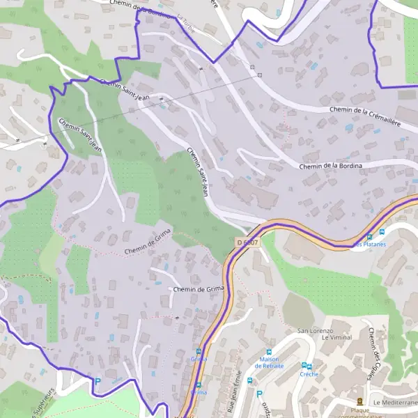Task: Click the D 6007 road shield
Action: click(x=247, y=242)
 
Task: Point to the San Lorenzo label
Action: click(x=316, y=330)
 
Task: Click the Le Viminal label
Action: click(x=336, y=337)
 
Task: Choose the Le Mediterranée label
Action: click(x=394, y=403)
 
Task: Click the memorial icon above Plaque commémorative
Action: click(x=359, y=401)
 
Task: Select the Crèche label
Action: click(x=309, y=374)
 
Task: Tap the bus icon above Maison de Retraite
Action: click(x=270, y=352)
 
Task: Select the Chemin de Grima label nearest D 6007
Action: click(x=199, y=288)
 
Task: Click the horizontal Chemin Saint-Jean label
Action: click(x=125, y=88)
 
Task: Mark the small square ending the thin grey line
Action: click(x=259, y=75)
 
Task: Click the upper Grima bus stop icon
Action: click(x=199, y=351)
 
